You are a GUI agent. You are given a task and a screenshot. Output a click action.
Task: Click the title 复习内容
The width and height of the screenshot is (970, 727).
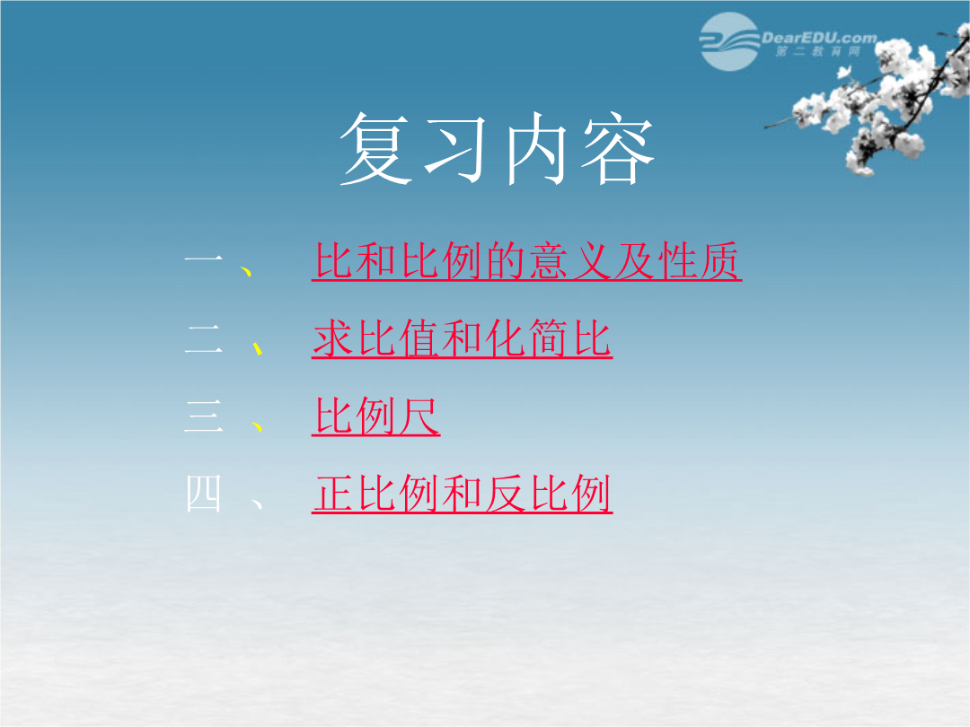[x=497, y=149]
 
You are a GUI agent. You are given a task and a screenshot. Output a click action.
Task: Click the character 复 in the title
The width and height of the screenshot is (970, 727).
[x=376, y=149]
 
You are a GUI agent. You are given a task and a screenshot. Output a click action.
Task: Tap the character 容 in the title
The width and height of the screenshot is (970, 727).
[x=617, y=149]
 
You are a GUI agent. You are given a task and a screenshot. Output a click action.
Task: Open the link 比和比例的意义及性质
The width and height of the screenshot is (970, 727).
[x=527, y=261]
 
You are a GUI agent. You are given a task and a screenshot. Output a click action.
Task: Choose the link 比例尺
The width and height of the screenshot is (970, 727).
[x=376, y=416]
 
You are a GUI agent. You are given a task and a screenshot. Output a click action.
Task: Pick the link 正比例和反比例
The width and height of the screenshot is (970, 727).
[x=463, y=494]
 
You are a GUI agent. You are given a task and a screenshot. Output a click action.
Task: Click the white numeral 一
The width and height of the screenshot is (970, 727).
[x=204, y=260]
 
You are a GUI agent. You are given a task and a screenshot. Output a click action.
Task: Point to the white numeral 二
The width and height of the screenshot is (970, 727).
[x=204, y=339]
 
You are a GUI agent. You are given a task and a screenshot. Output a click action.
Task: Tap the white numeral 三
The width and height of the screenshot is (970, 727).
[x=204, y=416]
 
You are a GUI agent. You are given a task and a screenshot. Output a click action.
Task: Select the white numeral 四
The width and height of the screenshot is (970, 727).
[x=204, y=494]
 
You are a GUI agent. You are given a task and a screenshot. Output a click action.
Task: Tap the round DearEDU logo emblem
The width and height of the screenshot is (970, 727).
[x=729, y=41]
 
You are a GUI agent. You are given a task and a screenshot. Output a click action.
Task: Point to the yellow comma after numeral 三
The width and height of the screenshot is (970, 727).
[x=258, y=426]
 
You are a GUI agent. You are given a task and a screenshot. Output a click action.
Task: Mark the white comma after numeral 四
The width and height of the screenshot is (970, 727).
[x=258, y=504]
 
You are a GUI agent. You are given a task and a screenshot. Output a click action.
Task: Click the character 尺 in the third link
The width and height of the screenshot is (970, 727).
[x=419, y=416]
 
